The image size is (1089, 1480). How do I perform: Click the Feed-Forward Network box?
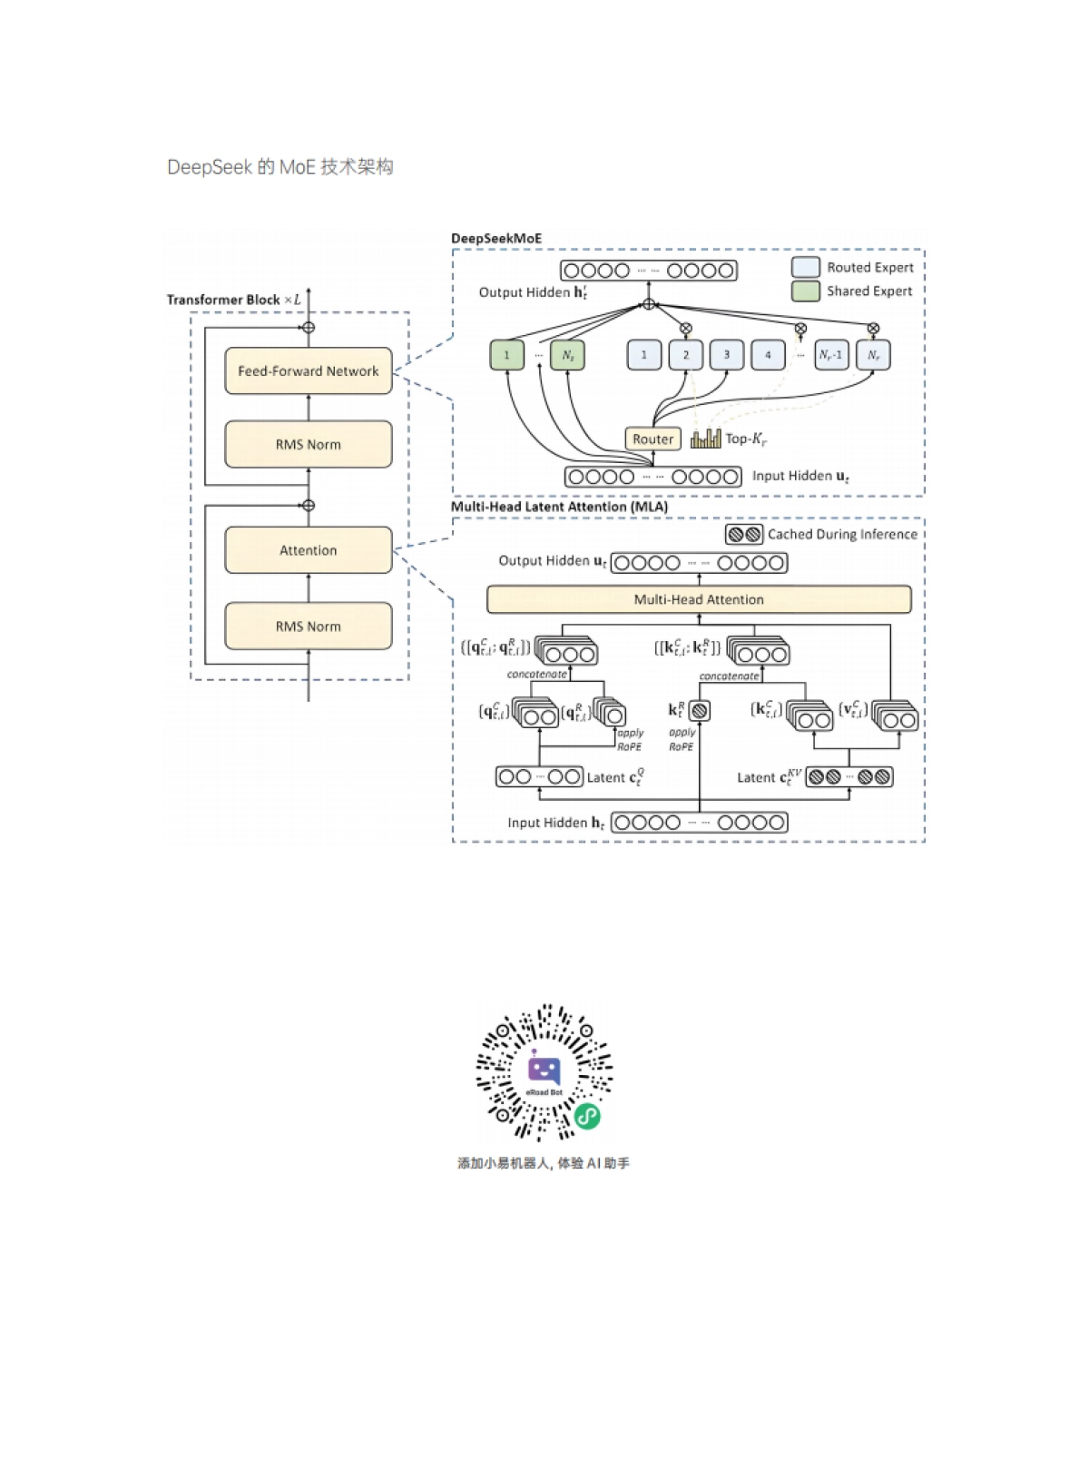(309, 370)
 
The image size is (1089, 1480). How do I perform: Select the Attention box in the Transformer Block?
(309, 550)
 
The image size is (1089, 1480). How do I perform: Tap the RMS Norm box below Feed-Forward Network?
(309, 444)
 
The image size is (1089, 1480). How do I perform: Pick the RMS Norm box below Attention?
(309, 627)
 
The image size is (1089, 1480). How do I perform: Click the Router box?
(652, 439)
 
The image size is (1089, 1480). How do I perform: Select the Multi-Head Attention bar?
(699, 599)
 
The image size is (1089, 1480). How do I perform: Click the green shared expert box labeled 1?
(506, 355)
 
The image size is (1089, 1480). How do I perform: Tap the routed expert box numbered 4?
(768, 355)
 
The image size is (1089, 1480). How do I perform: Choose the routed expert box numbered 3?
(726, 355)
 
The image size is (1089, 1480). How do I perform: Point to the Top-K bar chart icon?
(705, 439)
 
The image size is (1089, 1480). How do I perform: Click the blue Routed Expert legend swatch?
(805, 267)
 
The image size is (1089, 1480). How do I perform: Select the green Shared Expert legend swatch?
(805, 291)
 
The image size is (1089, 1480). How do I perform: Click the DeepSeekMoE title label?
(496, 239)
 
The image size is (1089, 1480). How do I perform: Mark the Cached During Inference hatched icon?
(744, 534)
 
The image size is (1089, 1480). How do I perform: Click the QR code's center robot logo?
(544, 1071)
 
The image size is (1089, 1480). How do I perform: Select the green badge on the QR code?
(588, 1116)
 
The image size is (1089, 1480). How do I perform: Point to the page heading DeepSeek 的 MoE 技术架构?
(280, 167)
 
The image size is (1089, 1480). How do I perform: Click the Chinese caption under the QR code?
(544, 1163)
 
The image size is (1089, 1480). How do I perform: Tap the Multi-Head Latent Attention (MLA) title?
(559, 507)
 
